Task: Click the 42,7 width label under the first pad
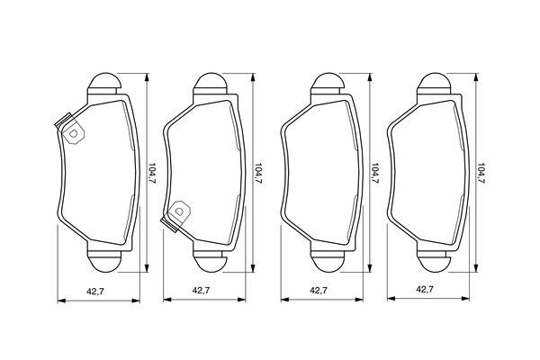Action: pyautogui.click(x=95, y=292)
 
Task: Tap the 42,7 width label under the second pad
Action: pyautogui.click(x=201, y=291)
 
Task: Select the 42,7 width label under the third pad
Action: pyautogui.click(x=319, y=291)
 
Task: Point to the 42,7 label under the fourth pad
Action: pyautogui.click(x=425, y=289)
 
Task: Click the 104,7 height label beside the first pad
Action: pyautogui.click(x=153, y=173)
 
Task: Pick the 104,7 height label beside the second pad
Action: pyautogui.click(x=258, y=173)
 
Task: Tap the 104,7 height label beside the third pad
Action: pyautogui.click(x=375, y=173)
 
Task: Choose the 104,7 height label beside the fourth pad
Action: pyautogui.click(x=481, y=173)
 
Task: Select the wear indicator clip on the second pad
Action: pyautogui.click(x=175, y=216)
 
